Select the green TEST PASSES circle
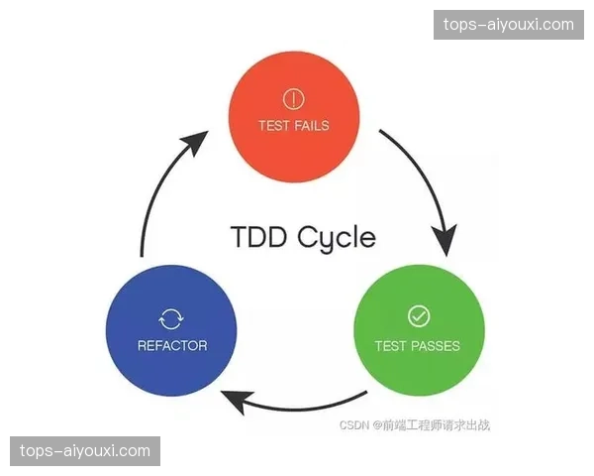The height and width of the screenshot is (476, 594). point(419,331)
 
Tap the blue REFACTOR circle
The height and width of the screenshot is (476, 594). point(171,332)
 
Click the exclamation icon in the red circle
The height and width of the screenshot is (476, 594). point(293,98)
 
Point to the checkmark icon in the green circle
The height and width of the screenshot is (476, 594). point(419,316)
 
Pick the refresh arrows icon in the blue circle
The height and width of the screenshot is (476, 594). point(171,318)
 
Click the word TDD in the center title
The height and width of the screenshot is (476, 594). point(258,238)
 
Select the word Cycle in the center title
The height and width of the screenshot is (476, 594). point(336,239)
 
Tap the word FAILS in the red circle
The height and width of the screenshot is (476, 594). point(311,126)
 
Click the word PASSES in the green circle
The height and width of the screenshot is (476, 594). point(436,346)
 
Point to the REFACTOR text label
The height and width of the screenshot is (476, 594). point(171,346)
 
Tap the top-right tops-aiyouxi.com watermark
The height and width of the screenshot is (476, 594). point(506,25)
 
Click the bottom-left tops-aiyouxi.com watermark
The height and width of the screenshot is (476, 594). point(86,451)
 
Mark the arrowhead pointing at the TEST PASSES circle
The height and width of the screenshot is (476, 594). point(445,238)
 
